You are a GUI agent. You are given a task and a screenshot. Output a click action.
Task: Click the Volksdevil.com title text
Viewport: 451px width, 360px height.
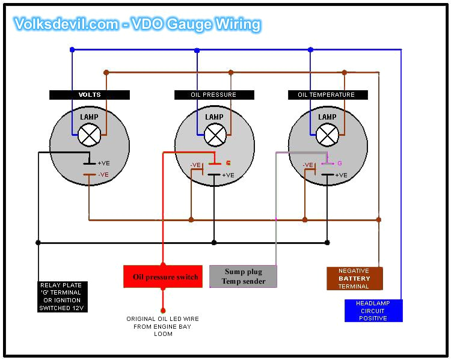(x=137, y=24)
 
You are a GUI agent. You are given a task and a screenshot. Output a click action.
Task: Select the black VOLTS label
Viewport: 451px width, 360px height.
(x=90, y=95)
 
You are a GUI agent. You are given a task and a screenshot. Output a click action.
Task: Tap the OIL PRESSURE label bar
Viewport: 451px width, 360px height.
(x=213, y=95)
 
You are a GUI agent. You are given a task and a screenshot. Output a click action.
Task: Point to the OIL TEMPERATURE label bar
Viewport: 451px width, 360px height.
(x=326, y=95)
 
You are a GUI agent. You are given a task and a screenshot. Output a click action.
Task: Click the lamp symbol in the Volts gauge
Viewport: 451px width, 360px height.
(x=90, y=135)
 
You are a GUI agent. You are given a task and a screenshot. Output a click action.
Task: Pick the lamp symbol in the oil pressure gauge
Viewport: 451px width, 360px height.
(x=214, y=135)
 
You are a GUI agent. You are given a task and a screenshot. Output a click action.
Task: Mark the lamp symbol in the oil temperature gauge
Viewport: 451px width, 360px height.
(x=327, y=135)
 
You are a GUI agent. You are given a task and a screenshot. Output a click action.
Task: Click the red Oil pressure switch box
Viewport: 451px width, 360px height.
(x=162, y=276)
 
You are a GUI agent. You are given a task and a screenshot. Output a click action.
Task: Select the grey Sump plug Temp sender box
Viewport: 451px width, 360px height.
(x=244, y=276)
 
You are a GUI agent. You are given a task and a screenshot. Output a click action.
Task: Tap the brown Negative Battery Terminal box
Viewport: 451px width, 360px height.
(x=354, y=279)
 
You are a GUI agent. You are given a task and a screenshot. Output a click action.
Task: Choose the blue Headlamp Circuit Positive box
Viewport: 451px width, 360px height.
(x=373, y=311)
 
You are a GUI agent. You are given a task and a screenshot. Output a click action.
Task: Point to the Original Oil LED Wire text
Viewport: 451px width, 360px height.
(x=162, y=326)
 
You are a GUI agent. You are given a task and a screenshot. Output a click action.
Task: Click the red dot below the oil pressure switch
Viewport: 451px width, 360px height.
(x=162, y=294)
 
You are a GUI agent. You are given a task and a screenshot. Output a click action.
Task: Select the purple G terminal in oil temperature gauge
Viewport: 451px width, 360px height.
(x=339, y=163)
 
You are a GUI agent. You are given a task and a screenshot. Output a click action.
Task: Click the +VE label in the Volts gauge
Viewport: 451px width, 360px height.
(x=103, y=163)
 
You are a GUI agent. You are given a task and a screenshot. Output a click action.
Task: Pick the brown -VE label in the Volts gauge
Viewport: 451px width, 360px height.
(x=103, y=175)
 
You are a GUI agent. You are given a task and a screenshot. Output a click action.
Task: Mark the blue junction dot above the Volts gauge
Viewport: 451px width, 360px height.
(x=72, y=50)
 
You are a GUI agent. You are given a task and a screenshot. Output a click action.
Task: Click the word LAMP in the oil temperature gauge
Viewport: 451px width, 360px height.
(x=327, y=117)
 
